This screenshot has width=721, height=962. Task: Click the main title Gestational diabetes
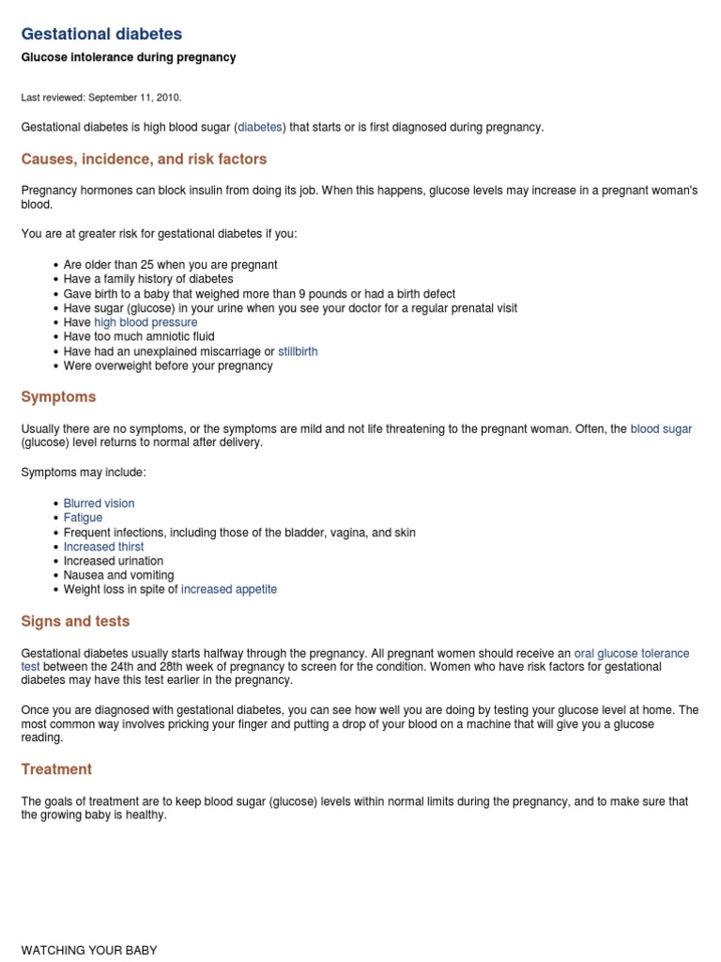[101, 34]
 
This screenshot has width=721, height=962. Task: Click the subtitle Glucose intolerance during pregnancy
[129, 57]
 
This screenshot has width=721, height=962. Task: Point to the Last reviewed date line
[101, 97]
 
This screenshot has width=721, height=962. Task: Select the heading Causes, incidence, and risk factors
[144, 159]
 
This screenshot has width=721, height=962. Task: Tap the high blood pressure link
[146, 322]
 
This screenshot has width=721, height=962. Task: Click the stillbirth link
[298, 351]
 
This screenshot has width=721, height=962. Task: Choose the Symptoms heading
[58, 397]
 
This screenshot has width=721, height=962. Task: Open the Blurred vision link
[99, 504]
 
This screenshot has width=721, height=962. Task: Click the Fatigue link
[83, 518]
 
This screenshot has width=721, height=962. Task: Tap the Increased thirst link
[103, 547]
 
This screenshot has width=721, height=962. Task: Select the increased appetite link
[228, 590]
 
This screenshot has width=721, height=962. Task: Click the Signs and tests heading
[75, 621]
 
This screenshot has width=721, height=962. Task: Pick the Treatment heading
[56, 769]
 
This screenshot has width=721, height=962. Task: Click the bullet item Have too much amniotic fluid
[139, 336]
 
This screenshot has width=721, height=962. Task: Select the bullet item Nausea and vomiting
[118, 575]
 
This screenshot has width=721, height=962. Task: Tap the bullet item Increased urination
[113, 561]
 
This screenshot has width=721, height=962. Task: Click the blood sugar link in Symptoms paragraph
[661, 428]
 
